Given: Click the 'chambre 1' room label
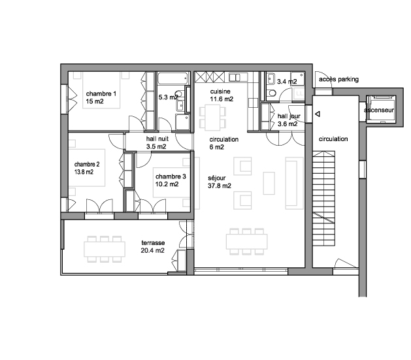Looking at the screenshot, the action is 101,93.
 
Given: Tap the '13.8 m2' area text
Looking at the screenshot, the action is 84,172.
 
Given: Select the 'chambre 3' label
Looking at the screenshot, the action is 171,176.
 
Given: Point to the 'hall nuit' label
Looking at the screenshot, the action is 157,139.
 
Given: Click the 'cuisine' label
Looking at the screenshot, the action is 220,91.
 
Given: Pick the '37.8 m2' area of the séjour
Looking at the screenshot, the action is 220,186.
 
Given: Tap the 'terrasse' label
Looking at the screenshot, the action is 153,242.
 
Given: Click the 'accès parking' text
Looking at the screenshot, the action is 338,79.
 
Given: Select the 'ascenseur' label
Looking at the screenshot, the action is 379,110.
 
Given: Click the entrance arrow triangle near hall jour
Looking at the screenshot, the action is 318,114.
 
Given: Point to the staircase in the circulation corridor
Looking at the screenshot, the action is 323,198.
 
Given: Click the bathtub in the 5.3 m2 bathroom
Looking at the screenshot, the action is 173,78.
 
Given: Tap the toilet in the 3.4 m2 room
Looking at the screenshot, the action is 272,93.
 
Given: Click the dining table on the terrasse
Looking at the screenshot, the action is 105,249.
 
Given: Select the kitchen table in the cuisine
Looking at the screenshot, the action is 212,118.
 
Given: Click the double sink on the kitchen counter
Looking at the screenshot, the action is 235,77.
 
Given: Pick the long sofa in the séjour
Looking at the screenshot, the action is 294,183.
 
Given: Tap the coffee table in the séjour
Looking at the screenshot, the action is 269,183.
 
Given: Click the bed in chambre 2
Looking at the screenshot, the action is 87,168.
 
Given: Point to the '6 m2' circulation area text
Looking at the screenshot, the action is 216,147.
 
